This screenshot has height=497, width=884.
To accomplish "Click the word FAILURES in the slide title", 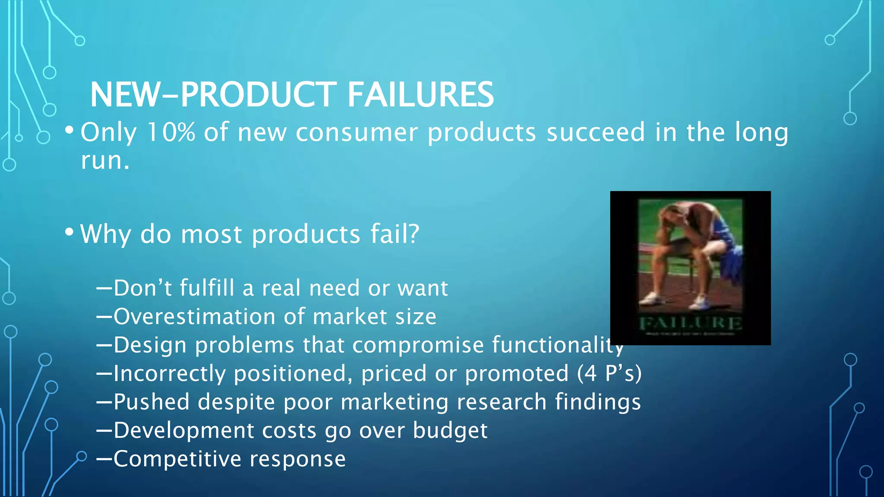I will click(x=420, y=94).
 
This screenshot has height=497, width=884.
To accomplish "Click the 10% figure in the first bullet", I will click(x=171, y=132).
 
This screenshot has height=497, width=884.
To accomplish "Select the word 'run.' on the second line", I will click(x=105, y=160).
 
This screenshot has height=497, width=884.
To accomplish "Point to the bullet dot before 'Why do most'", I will click(x=69, y=232).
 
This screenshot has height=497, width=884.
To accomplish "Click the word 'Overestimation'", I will click(x=194, y=316).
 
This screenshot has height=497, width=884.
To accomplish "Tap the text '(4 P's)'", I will click(x=609, y=373).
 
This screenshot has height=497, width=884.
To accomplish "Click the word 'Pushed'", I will click(x=152, y=402).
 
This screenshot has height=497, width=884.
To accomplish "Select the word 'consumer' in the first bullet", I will click(x=357, y=132).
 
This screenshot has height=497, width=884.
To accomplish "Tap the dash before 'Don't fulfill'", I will click(x=104, y=288).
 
